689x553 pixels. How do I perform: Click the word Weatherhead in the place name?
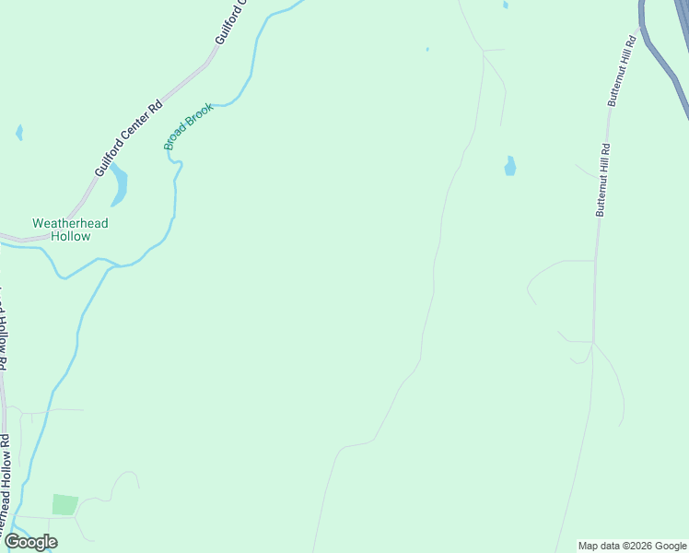(x=70, y=223)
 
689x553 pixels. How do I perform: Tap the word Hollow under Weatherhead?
(x=70, y=237)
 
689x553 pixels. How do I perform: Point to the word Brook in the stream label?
(x=200, y=114)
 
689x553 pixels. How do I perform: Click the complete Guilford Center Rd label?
(x=128, y=139)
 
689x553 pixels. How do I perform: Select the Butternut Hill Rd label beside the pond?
(x=602, y=180)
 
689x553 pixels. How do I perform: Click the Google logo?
(x=30, y=542)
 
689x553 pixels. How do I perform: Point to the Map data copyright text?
(x=632, y=546)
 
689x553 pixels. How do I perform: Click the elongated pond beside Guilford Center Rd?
(x=119, y=185)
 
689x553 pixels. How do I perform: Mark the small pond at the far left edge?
(x=19, y=133)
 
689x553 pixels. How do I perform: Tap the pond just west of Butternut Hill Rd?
(x=509, y=166)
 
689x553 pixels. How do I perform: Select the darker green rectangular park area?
(x=64, y=505)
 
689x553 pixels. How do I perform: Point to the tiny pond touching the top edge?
(x=506, y=5)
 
